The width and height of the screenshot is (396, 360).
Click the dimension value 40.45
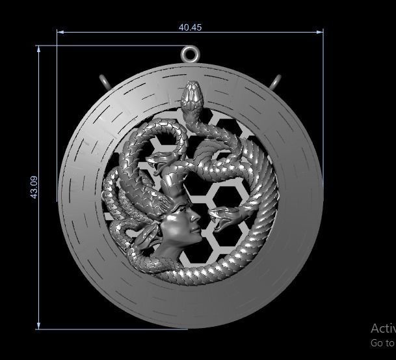coord(190,27)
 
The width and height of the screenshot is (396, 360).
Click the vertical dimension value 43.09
coord(34,187)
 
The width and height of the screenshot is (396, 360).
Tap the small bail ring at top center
coord(190,54)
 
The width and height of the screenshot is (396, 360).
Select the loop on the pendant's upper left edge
coord(105,82)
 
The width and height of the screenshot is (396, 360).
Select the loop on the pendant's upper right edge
coord(276,83)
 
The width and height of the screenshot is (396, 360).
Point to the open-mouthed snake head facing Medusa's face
coord(223,217)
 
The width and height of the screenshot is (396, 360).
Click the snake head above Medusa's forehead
coord(158,162)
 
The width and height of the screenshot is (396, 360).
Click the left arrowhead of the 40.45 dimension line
coord(60,31)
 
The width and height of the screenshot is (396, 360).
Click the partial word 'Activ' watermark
coord(383,329)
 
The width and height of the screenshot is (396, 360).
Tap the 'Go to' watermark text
coord(382,343)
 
